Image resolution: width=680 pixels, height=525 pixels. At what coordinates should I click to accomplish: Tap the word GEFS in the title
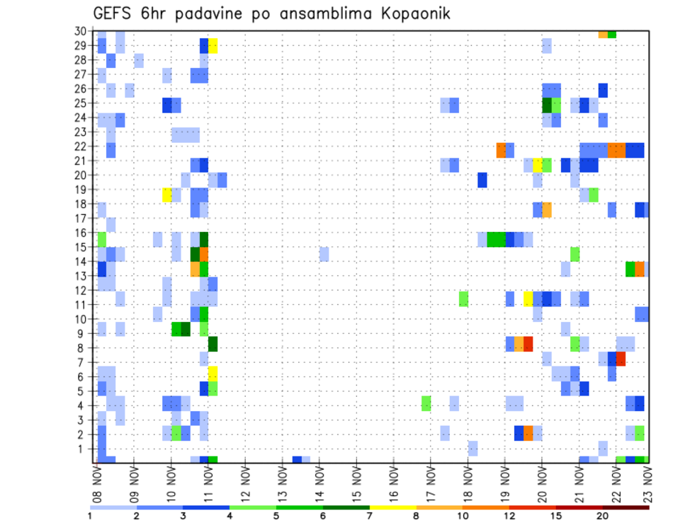point(113,13)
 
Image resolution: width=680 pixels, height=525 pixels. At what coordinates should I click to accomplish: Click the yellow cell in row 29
point(213,45)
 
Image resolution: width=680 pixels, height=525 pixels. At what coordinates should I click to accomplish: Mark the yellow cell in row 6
point(213,372)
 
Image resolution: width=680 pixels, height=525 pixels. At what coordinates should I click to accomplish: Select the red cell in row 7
point(621,358)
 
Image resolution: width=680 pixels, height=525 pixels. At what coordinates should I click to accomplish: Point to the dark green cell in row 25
point(547,105)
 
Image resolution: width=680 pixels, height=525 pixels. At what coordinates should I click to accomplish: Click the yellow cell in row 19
point(167,194)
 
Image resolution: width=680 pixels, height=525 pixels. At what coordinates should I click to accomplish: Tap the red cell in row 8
point(528,344)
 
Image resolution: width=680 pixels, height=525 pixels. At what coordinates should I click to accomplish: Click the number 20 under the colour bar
point(602,515)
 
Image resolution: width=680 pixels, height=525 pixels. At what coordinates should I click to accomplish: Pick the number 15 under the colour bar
point(556,515)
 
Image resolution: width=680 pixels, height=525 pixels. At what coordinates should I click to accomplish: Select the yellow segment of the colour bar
point(392,507)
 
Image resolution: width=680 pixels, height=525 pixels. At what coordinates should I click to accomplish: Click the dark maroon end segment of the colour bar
point(625,507)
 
